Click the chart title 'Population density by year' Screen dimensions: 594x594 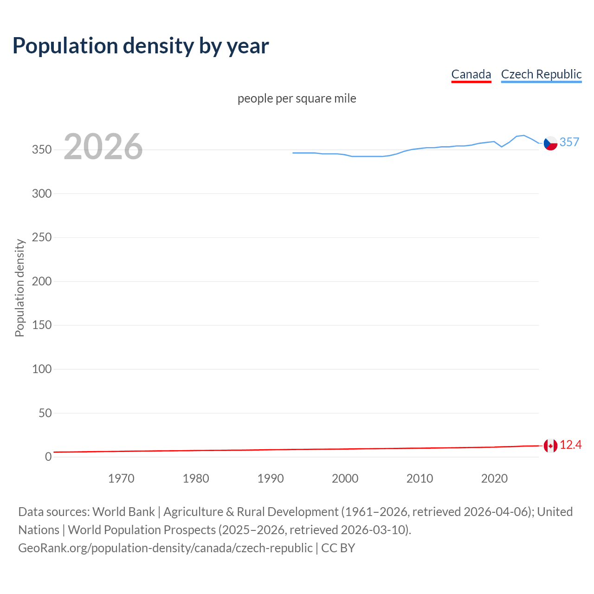coord(141,45)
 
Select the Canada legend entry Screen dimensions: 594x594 coord(471,74)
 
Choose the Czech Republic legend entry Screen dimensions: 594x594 coord(541,74)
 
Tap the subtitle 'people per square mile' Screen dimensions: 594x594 coord(297,98)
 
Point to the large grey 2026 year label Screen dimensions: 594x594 coord(103,147)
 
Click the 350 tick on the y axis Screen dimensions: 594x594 coord(41,150)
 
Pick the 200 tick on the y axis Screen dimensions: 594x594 coord(41,281)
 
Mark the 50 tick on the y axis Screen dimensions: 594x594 coord(45,413)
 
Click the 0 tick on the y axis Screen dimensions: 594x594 coord(48,457)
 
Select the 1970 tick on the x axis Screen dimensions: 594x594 coord(121,478)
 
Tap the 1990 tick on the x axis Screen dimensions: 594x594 coord(271,478)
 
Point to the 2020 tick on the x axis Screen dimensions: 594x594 coord(494,478)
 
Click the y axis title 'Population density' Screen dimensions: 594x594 coord(19,288)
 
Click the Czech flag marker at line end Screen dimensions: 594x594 coord(550,143)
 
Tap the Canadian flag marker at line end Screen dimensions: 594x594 coord(550,446)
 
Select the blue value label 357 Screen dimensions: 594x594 coord(569,142)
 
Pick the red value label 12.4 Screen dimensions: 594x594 coord(570,445)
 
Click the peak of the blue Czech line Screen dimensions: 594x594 coord(523,136)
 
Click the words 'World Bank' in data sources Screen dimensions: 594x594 coord(123,512)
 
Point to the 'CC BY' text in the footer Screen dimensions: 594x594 coord(338,548)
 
